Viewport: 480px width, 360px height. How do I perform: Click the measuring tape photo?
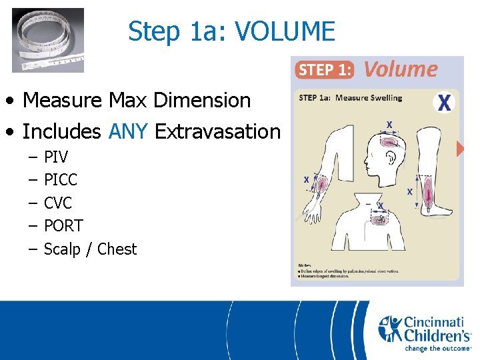(x=48, y=39)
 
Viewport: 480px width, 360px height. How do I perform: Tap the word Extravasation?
(x=218, y=132)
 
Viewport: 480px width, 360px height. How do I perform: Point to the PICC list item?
(x=60, y=180)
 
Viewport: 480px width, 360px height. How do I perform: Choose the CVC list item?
(x=57, y=203)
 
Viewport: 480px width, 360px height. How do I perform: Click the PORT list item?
(x=63, y=226)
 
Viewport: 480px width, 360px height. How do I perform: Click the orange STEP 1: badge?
(x=325, y=69)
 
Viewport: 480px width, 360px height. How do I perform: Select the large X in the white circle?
(x=444, y=103)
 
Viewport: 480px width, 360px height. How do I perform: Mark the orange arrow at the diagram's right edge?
(x=460, y=149)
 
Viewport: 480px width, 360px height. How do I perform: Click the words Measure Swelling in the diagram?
(x=369, y=98)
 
